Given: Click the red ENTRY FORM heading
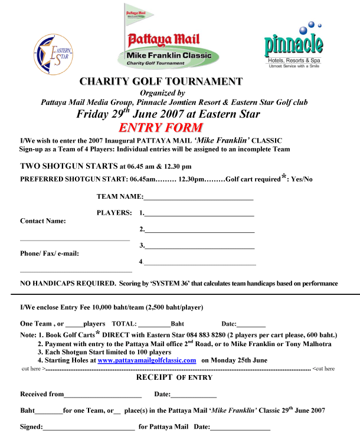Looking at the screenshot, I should click(x=161, y=128).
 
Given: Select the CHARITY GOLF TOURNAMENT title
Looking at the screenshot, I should click(x=161, y=81).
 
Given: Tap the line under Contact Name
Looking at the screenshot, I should click(x=75, y=239).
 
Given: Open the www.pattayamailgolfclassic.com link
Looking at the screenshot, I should click(x=146, y=360).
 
